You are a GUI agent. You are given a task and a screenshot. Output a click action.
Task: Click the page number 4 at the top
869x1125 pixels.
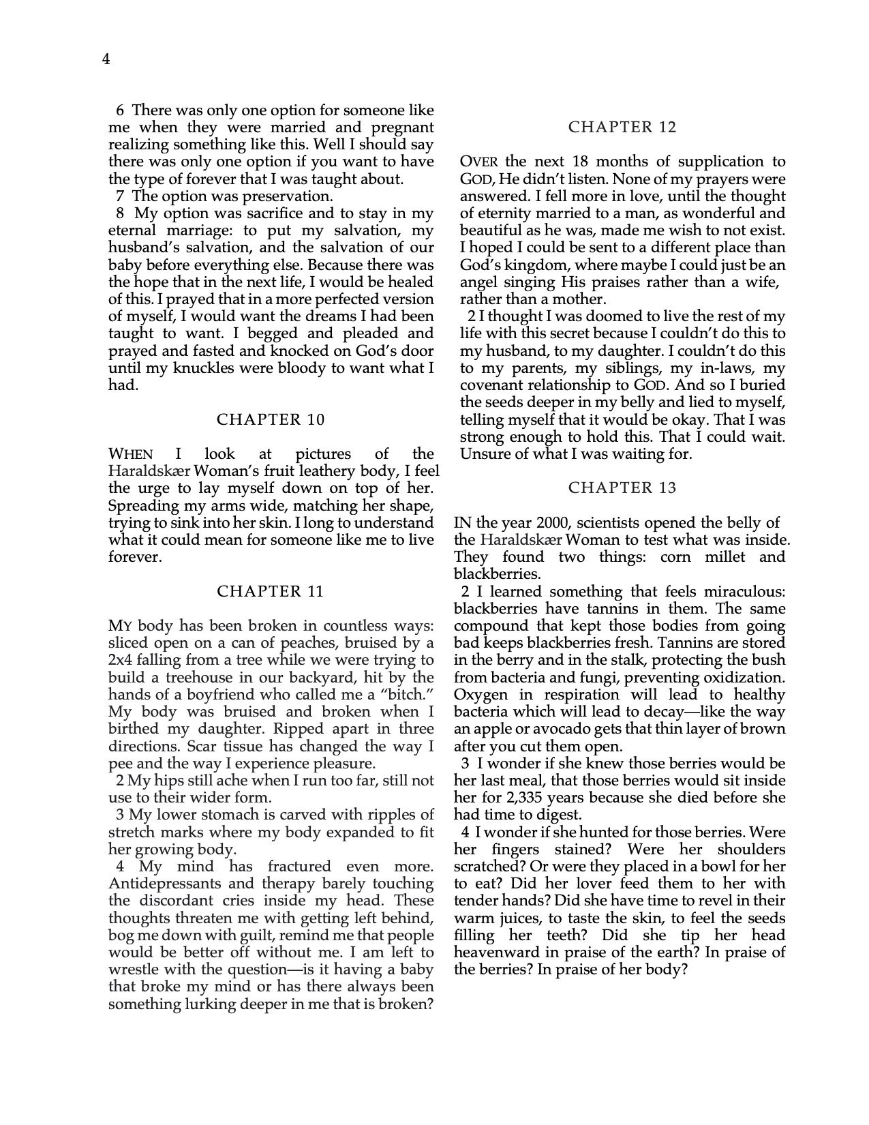(106, 60)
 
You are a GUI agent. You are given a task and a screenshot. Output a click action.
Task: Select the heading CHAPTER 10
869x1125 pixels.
(271, 419)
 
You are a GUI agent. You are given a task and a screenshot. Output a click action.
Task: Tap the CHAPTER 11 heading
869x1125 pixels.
(271, 591)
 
